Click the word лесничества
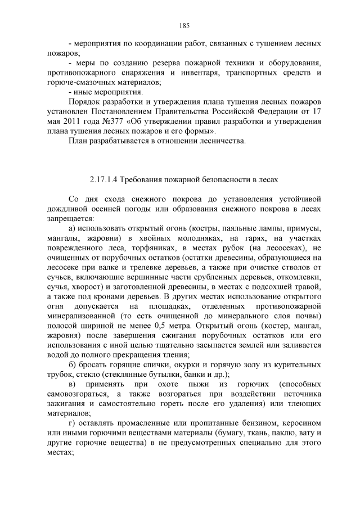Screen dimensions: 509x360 [x=222, y=140]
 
